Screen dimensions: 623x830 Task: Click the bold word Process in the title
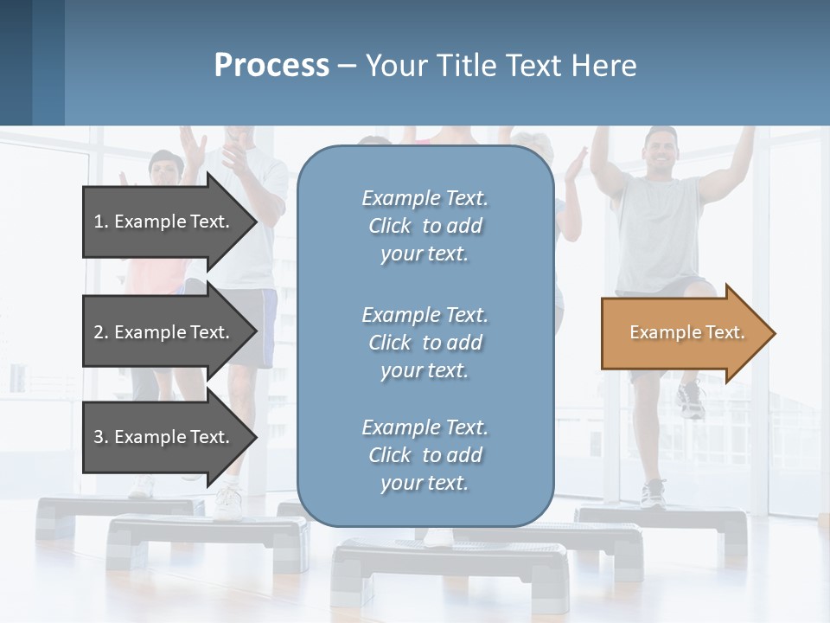[x=271, y=66]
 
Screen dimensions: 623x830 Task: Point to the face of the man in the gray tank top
[x=661, y=151]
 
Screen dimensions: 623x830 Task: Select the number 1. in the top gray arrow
[x=101, y=222]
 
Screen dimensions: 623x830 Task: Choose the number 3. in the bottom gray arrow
[x=101, y=437]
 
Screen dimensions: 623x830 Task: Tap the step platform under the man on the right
[x=666, y=523]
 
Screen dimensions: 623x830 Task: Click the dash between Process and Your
[x=347, y=66]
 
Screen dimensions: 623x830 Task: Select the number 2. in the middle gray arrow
[x=101, y=332]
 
